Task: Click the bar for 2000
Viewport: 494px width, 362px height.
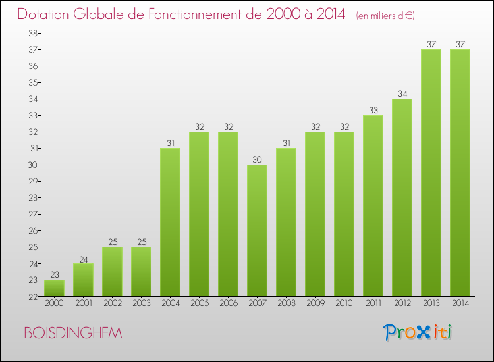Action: click(x=54, y=288)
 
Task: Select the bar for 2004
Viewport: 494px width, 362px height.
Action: click(x=170, y=222)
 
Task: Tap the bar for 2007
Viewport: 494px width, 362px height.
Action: click(x=257, y=230)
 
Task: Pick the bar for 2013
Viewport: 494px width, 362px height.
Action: click(x=431, y=173)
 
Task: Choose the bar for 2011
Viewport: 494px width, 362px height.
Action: click(x=373, y=206)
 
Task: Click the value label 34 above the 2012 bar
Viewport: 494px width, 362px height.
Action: click(x=402, y=93)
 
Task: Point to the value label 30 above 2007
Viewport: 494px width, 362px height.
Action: click(x=257, y=159)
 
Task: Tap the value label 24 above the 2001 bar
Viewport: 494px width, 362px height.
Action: click(x=83, y=258)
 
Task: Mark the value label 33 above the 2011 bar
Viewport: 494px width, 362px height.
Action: click(x=373, y=110)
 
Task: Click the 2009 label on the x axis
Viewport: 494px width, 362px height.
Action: click(x=315, y=303)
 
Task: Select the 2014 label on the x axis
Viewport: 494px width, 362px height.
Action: click(x=460, y=303)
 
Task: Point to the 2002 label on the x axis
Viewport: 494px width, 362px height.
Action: click(x=112, y=303)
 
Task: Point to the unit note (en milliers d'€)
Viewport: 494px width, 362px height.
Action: click(x=385, y=15)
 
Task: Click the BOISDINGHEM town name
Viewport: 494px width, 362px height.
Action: click(x=73, y=334)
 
